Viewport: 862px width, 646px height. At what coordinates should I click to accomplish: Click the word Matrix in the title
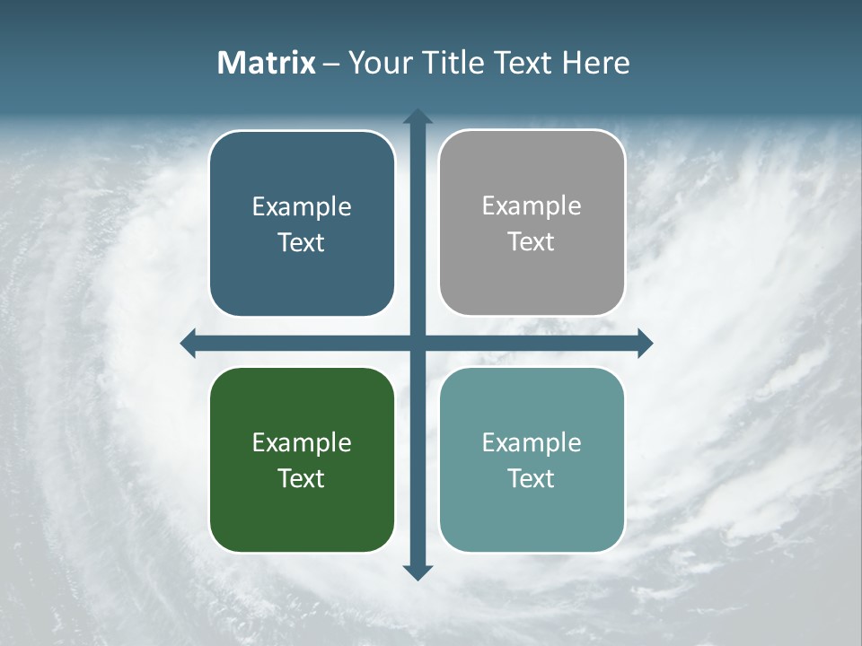[267, 63]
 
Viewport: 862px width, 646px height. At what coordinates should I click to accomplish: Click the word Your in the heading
[378, 63]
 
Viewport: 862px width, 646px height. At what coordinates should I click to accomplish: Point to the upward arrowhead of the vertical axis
[418, 115]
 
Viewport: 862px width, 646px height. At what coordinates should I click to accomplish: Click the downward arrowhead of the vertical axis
[418, 572]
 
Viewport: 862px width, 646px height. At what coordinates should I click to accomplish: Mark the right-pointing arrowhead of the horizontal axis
[645, 343]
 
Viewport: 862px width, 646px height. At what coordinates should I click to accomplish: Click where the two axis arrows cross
[418, 343]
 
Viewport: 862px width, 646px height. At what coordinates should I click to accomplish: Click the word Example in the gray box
[532, 205]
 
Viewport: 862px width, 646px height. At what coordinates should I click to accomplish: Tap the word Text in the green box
[302, 478]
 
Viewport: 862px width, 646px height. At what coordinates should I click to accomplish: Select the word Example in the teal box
[532, 442]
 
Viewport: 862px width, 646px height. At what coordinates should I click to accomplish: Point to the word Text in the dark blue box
[302, 242]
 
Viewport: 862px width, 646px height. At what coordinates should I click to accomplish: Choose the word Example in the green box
[302, 442]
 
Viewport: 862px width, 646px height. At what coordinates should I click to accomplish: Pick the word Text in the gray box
[532, 241]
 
